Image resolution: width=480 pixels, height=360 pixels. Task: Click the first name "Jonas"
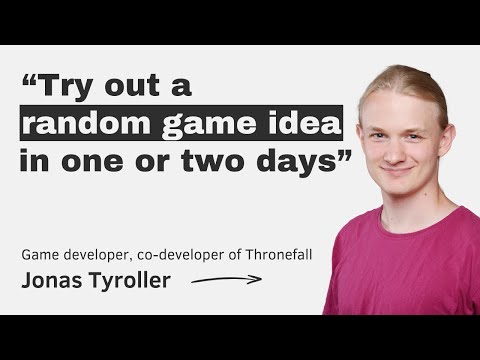pos(51,281)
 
